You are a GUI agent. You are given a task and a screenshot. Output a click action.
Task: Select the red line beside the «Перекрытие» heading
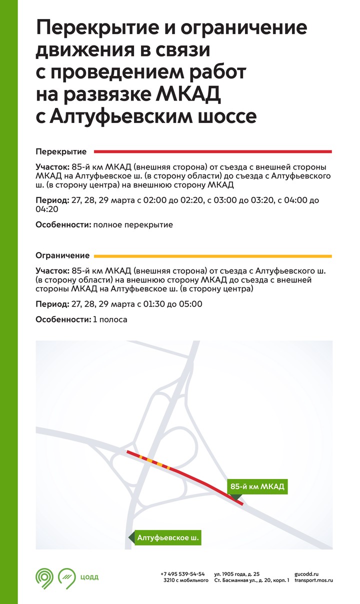tap(213, 151)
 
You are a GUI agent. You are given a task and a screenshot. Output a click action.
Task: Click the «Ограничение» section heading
tap(62, 255)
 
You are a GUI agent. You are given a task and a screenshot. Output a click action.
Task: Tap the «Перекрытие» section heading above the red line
tap(61, 151)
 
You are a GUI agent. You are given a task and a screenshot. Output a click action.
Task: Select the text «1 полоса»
tap(110, 319)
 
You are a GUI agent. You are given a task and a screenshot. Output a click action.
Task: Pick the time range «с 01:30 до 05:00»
tap(167, 304)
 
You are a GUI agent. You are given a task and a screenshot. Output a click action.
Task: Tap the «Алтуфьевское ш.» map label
tap(168, 538)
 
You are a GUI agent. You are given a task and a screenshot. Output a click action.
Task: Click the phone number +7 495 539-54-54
tap(182, 573)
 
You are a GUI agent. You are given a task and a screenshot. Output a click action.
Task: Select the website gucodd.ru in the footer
tap(306, 573)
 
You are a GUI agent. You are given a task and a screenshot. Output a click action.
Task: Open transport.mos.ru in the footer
tap(313, 580)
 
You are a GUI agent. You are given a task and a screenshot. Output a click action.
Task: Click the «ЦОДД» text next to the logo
tap(89, 577)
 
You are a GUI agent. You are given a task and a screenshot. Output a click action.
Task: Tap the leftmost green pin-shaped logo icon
tap(44, 577)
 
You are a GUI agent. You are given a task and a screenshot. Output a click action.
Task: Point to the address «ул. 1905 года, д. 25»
tap(236, 573)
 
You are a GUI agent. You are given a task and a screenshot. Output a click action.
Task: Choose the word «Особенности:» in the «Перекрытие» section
tap(63, 225)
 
